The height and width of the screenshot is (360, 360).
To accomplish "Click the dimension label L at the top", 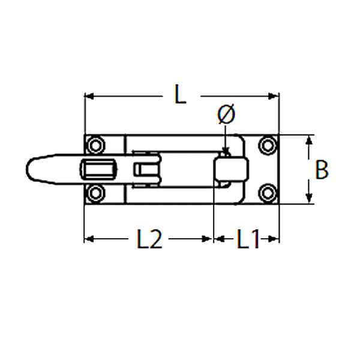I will (179, 95).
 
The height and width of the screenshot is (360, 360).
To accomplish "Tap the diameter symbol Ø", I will (226, 115).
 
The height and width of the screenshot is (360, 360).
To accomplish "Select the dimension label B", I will (322, 170).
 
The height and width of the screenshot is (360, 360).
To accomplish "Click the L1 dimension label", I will (247, 240).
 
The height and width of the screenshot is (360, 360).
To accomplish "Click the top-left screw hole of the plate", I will (95, 146).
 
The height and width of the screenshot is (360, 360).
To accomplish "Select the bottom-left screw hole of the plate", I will (95, 193).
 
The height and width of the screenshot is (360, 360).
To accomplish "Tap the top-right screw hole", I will (268, 146).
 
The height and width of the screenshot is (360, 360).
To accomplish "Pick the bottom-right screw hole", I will (268, 193).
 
